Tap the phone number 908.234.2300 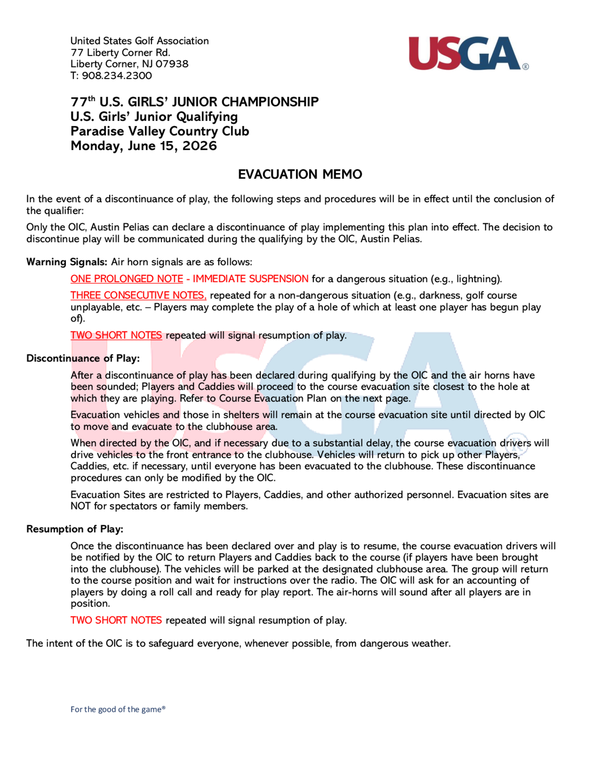coord(117,76)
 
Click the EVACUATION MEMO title coord(300,174)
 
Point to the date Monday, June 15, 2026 coord(144,146)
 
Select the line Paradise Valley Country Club coord(160,131)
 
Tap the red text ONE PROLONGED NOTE coord(127,279)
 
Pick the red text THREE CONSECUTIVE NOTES coord(138,295)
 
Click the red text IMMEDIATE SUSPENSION coord(250,279)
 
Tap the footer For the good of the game coord(118,709)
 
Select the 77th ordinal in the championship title coord(83,102)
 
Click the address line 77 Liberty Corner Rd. coord(121,52)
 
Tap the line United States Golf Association coord(139,41)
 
